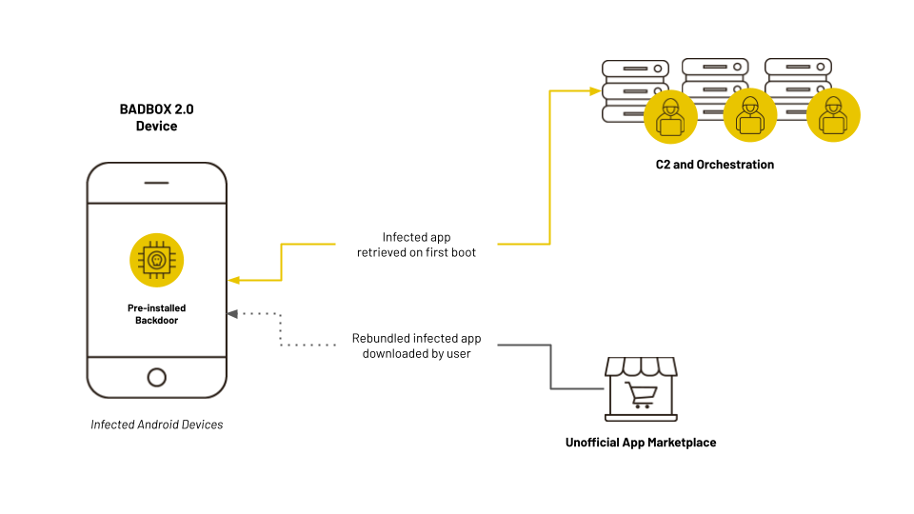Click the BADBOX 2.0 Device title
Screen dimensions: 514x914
[x=156, y=117]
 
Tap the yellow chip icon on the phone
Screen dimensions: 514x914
[x=156, y=260]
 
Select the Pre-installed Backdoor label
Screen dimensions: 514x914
[x=156, y=314]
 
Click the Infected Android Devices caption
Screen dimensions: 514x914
[x=156, y=425]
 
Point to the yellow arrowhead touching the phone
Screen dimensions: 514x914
[x=233, y=280]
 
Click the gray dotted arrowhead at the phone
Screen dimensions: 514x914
[x=233, y=313]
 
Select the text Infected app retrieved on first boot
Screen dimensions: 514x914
[x=417, y=244]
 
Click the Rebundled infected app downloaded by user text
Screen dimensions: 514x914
[x=416, y=346]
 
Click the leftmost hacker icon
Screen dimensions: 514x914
[x=670, y=117]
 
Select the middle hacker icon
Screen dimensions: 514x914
[x=750, y=116]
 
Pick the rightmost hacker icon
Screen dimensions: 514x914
[x=833, y=116]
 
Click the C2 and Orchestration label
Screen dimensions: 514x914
[x=714, y=165]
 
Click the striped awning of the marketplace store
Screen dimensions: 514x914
[x=641, y=367]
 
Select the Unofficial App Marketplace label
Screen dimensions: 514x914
[x=640, y=443]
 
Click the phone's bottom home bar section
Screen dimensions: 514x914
[x=156, y=376]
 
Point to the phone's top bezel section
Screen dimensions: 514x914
[x=156, y=183]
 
